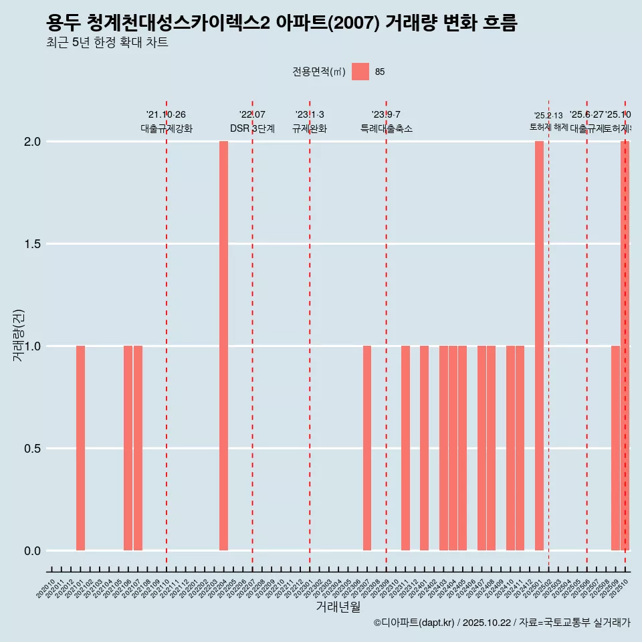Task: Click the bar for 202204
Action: pyautogui.click(x=223, y=346)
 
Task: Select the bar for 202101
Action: pyautogui.click(x=80, y=448)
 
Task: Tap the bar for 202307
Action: pyautogui.click(x=367, y=448)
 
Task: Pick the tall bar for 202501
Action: pyautogui.click(x=539, y=346)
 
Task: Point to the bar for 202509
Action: pyautogui.click(x=615, y=448)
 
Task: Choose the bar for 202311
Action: pyautogui.click(x=405, y=448)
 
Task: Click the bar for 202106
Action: pyautogui.click(x=128, y=448)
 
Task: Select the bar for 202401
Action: pyautogui.click(x=424, y=448)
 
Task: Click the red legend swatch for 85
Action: pyautogui.click(x=360, y=72)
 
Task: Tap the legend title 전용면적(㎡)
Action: pyautogui.click(x=318, y=72)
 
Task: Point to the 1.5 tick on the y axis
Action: pyautogui.click(x=32, y=244)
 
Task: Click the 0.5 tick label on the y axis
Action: pyautogui.click(x=32, y=449)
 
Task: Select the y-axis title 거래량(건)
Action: pyautogui.click(x=19, y=336)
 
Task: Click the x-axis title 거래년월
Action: pyautogui.click(x=338, y=607)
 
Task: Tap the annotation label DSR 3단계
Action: pyautogui.click(x=252, y=129)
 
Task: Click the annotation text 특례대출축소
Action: pyautogui.click(x=386, y=129)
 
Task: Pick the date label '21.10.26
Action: pyautogui.click(x=166, y=115)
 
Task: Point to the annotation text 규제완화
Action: pyautogui.click(x=309, y=129)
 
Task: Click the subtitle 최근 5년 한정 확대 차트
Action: pyautogui.click(x=107, y=43)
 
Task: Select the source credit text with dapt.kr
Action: pyautogui.click(x=502, y=623)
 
